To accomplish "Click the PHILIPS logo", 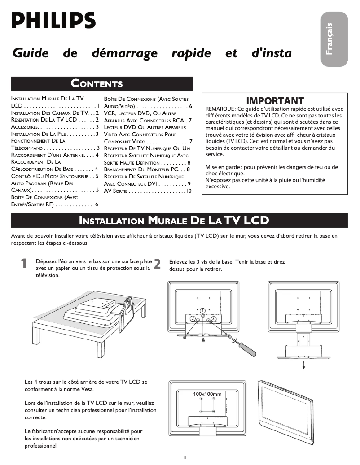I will tap(53, 20).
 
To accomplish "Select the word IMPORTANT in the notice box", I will tap(275, 101).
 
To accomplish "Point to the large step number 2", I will tap(157, 264).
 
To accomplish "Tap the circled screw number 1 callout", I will tap(203, 310).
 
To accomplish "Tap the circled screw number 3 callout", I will tap(214, 318).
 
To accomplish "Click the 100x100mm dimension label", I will tap(207, 394).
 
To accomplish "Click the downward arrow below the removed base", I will tap(304, 364).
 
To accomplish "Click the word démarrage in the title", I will tap(124, 53).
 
